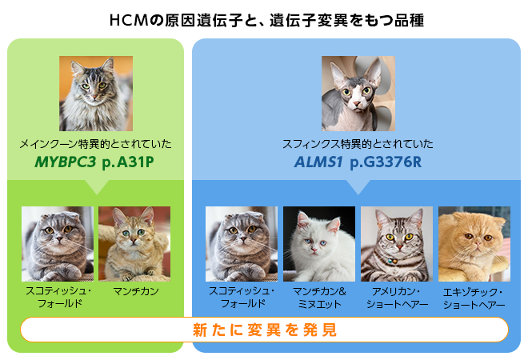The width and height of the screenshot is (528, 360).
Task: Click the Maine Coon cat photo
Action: tap(95, 93)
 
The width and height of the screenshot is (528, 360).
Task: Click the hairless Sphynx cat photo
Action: tap(358, 93)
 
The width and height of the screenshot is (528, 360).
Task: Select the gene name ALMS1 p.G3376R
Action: tap(357, 163)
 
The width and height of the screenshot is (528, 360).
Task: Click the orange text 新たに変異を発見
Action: tap(264, 330)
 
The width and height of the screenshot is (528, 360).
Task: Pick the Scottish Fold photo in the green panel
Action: tap(58, 243)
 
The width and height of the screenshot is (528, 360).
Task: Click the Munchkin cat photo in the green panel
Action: tap(134, 243)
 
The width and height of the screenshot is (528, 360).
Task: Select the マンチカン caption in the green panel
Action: tap(134, 290)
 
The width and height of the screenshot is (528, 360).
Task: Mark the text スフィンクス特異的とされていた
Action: tap(357, 145)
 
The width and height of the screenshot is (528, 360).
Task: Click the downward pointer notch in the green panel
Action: tap(95, 187)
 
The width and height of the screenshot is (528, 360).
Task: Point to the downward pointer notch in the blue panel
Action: tap(358, 187)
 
